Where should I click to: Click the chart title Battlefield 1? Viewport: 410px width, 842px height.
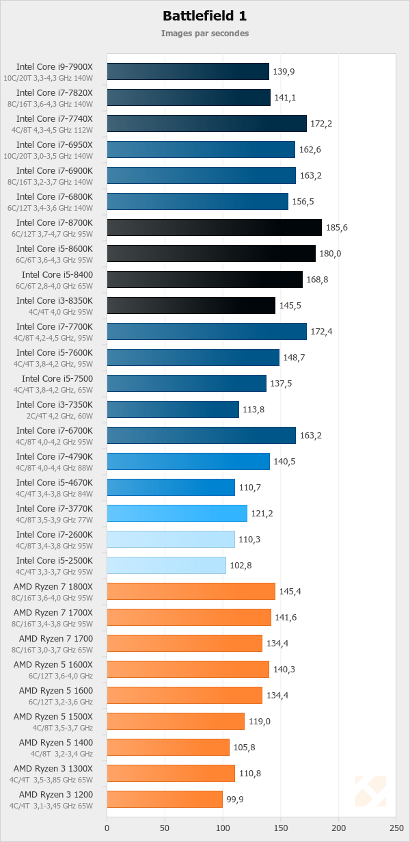tap(204, 16)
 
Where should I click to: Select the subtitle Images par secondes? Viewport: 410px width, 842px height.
tap(204, 33)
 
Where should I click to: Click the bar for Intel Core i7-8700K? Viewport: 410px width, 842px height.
tap(214, 228)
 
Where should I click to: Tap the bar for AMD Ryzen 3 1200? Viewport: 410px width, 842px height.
tap(165, 799)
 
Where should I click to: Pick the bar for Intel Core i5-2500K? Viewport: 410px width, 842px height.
tap(166, 565)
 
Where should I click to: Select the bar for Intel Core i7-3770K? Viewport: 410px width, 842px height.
tap(176, 513)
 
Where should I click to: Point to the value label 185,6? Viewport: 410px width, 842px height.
tap(337, 228)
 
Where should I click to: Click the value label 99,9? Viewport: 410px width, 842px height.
tap(237, 799)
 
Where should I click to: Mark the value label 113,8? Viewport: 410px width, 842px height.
tap(254, 409)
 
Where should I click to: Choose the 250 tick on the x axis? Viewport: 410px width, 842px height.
tap(396, 828)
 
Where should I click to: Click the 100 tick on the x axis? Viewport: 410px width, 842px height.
tap(223, 828)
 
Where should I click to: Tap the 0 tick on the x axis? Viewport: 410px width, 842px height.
tap(107, 828)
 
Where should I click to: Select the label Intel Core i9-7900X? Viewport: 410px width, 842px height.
tap(55, 67)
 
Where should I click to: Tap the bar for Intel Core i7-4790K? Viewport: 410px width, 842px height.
tap(188, 461)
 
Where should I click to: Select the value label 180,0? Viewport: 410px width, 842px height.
tap(331, 254)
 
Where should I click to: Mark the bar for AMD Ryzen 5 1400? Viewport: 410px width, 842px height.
tap(168, 747)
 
